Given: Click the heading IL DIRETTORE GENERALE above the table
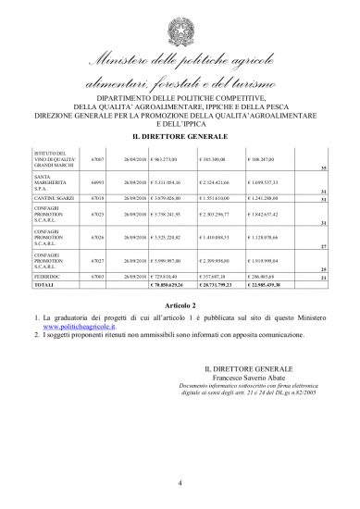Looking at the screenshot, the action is pos(180,135).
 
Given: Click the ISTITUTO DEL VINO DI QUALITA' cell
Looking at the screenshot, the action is pos(50,158).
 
